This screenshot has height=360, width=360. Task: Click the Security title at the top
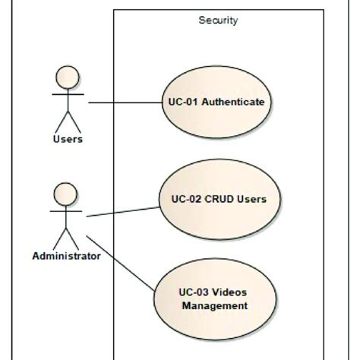tap(218, 21)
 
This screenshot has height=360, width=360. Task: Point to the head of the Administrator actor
tap(67, 192)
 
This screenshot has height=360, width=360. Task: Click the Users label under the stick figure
tap(68, 140)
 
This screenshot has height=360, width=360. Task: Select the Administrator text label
tap(67, 256)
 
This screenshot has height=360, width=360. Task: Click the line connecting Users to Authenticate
tap(125, 102)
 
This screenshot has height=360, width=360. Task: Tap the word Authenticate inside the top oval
tap(237, 102)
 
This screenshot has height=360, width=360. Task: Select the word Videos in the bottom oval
tap(232, 292)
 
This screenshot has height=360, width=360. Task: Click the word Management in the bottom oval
tap(215, 306)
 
